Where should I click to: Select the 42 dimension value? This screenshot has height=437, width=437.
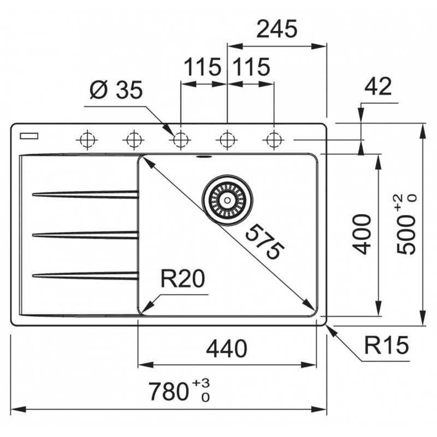click(379, 87)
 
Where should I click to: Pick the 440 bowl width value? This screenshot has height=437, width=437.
click(227, 347)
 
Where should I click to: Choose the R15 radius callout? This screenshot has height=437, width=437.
click(387, 345)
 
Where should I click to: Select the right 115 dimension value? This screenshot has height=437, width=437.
click(251, 68)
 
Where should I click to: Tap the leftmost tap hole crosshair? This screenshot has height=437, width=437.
click(86, 140)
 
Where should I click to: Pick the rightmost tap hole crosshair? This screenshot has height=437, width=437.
click(272, 140)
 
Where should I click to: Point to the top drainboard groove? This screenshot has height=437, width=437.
click(85, 193)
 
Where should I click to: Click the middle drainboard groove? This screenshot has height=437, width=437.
click(85, 235)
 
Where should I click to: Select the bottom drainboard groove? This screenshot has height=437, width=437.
click(85, 275)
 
